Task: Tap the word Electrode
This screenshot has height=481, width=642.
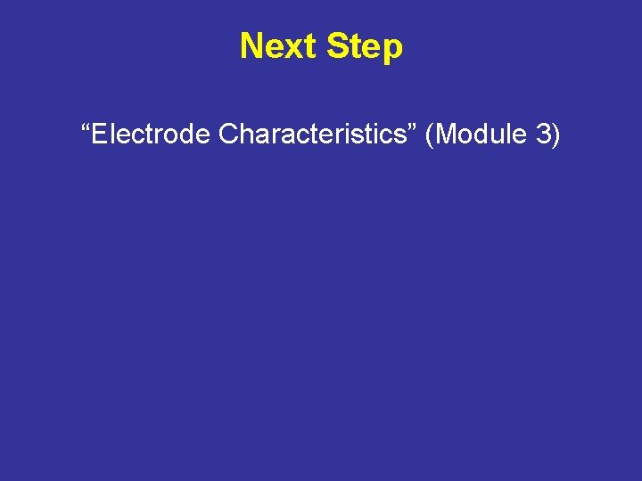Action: pos(152,135)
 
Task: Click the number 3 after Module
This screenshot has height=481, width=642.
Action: pos(541,135)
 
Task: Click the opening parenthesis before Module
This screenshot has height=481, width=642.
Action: pos(431,135)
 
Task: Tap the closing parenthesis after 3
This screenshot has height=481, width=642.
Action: pos(556,135)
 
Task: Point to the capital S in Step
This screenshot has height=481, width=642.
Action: pos(337,46)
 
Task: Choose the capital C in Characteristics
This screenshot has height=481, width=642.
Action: pos(228,135)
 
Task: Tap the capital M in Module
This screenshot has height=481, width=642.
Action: pos(447,135)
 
